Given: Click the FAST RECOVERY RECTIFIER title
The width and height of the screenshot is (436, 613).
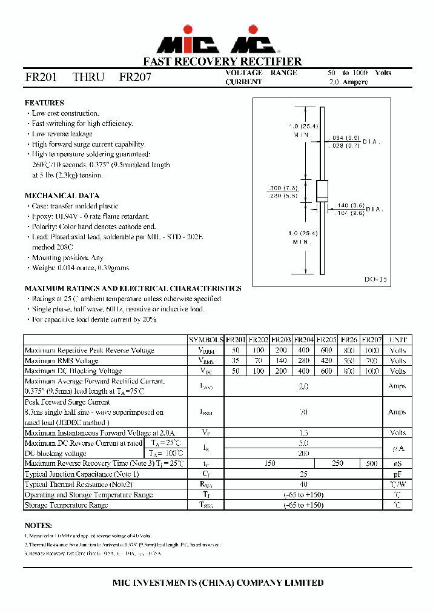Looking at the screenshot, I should click(x=222, y=62).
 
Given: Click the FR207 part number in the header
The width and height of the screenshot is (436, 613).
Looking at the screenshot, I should click(x=135, y=78).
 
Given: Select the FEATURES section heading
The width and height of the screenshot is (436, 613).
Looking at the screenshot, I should click(x=44, y=103).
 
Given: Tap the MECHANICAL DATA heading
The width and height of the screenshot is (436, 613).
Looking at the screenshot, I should click(x=62, y=196).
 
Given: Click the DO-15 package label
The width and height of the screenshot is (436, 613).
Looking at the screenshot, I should click(x=375, y=280).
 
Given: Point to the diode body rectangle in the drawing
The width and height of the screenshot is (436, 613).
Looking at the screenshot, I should click(x=322, y=191).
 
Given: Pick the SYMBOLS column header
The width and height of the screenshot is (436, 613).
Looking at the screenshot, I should click(x=206, y=340).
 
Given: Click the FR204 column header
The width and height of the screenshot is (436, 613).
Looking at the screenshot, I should click(x=304, y=340).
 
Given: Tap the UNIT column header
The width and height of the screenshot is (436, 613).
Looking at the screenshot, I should click(x=397, y=340).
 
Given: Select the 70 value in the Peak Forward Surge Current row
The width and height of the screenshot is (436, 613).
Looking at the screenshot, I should click(x=303, y=412).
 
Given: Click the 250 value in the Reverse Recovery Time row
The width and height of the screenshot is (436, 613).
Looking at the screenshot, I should click(x=337, y=463).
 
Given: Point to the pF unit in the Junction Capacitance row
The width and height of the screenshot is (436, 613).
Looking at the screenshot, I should click(x=397, y=474).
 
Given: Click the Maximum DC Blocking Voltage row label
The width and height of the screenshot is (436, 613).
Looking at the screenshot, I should click(x=73, y=371).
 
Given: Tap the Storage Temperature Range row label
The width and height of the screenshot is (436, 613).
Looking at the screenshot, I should click(x=66, y=505).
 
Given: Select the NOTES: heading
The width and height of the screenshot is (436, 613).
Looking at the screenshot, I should click(x=38, y=525).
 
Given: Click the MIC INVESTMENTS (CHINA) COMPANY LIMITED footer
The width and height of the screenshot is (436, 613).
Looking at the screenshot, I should click(x=219, y=582).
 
